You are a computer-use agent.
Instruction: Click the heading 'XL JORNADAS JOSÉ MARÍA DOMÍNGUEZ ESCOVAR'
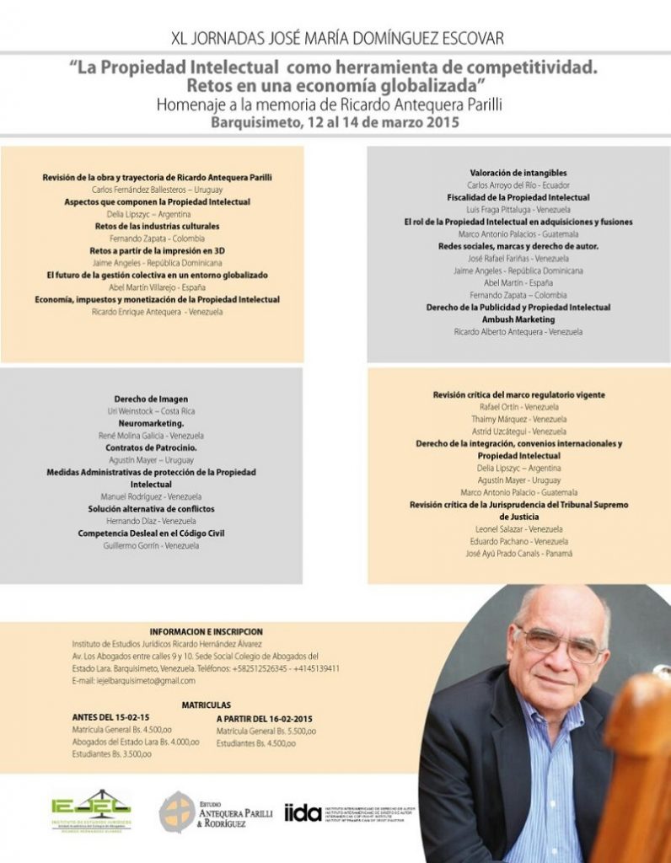pos(337,40)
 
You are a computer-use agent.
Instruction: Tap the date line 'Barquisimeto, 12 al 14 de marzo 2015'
pos(335,121)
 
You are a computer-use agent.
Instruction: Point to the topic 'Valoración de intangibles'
pos(518,173)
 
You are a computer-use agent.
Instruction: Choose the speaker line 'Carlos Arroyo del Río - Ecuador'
pos(518,185)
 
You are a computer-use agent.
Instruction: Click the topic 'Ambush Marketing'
pos(518,319)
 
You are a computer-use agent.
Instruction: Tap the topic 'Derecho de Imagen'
pos(151,399)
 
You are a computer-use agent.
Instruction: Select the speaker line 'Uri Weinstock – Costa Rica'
pos(151,411)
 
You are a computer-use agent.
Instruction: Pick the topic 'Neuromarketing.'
pos(151,423)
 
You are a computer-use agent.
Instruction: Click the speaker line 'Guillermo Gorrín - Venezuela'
pos(151,545)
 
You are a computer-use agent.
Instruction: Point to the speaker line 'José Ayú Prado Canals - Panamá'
pos(518,553)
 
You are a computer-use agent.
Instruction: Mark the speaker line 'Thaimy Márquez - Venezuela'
pos(518,419)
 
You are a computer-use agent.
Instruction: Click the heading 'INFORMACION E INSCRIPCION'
pos(206,631)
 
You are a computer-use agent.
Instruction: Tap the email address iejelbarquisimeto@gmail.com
pos(134,680)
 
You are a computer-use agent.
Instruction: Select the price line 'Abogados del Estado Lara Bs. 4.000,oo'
pos(136,742)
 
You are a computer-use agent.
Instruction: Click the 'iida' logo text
pos(303,812)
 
